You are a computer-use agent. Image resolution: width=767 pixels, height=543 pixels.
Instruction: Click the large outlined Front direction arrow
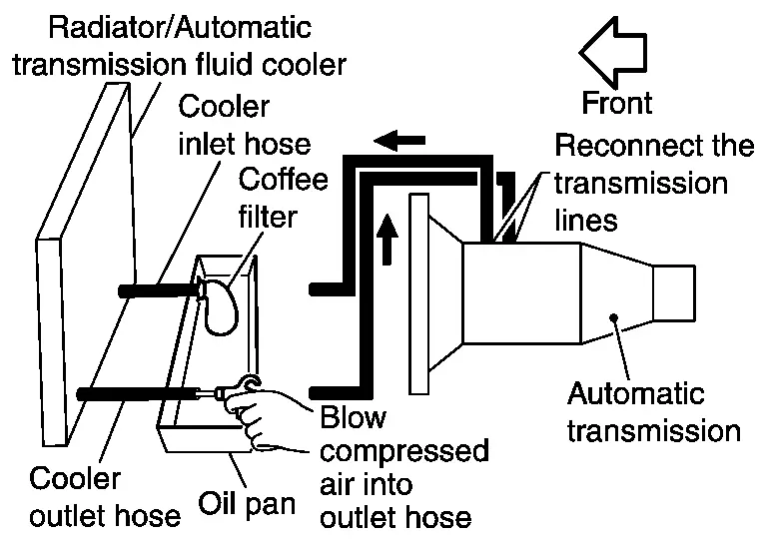[614, 52]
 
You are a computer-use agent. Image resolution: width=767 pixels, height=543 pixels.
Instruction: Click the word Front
[617, 103]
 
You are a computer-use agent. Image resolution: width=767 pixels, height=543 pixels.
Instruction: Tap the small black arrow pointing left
[399, 141]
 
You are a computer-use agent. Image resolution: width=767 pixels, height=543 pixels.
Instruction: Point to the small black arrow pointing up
[386, 239]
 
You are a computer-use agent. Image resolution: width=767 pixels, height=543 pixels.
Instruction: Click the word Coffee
[284, 179]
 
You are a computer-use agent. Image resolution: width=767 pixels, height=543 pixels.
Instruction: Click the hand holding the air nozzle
[264, 409]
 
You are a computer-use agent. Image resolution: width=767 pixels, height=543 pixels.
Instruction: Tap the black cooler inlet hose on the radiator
[160, 290]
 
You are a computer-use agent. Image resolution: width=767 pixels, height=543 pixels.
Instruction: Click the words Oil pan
[247, 504]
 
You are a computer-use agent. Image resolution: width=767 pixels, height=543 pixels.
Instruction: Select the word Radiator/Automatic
[180, 27]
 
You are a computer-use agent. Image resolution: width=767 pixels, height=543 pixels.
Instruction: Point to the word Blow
[354, 417]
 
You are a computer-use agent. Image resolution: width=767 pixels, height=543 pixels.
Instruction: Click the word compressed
[404, 451]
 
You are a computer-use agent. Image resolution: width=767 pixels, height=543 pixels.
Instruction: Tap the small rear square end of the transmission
[674, 293]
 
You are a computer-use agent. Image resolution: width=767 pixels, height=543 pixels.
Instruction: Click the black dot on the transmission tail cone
[614, 318]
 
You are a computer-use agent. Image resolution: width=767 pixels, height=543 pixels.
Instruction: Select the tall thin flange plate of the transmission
[419, 293]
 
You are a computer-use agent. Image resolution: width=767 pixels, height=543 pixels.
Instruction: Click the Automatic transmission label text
[654, 412]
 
